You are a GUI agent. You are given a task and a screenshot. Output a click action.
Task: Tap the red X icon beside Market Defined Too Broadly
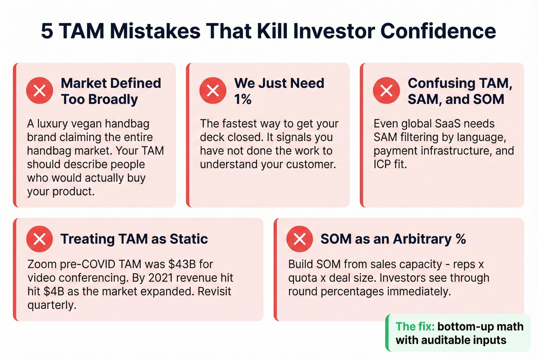tap(40, 91)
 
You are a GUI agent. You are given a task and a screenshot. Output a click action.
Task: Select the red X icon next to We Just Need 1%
tap(213, 91)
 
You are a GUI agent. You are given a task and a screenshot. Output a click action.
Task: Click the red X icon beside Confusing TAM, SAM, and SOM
tap(386, 91)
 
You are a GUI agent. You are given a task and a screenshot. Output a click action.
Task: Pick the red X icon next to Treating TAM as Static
tap(40, 239)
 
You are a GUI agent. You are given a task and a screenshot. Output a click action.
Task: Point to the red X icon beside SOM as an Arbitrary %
tap(300, 239)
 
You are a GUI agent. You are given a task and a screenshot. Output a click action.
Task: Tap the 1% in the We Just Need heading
tap(243, 100)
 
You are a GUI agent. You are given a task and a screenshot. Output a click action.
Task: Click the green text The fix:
tap(415, 327)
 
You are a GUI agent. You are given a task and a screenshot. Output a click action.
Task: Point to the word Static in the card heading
tap(188, 239)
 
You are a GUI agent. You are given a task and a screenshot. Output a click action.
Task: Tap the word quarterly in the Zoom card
tap(52, 305)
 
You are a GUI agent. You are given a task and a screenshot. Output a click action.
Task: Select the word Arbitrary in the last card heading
tap(422, 239)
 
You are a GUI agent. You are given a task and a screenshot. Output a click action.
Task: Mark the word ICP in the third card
tap(382, 164)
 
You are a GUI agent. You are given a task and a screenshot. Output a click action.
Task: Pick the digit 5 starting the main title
tap(47, 31)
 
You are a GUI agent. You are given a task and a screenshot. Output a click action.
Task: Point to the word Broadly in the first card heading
tap(113, 100)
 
